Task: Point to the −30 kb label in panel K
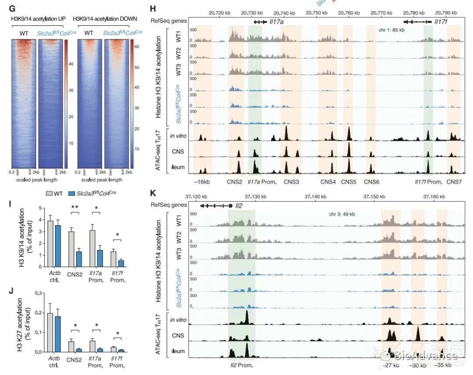point(417,364)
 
